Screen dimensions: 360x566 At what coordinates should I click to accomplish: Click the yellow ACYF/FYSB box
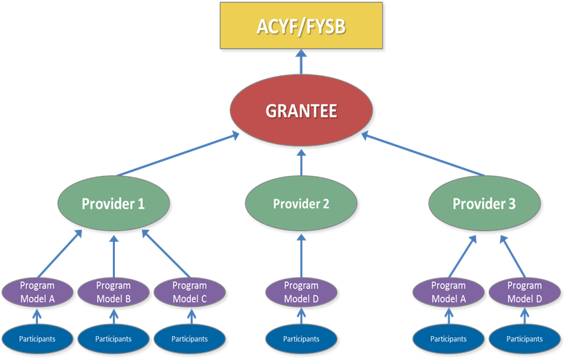click(302, 27)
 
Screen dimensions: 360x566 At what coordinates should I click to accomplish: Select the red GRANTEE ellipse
click(302, 110)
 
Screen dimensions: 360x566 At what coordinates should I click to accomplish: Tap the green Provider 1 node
click(113, 203)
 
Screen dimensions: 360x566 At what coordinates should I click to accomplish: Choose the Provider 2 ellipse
click(302, 203)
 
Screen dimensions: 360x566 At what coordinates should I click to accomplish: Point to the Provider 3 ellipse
click(484, 203)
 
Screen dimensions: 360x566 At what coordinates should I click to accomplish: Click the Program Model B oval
click(114, 292)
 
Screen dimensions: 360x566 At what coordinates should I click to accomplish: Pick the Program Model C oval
click(190, 292)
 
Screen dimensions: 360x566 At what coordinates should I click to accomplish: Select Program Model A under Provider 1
click(37, 292)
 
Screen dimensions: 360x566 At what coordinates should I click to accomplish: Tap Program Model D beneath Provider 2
click(302, 292)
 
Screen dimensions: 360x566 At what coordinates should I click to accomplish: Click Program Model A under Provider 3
click(448, 292)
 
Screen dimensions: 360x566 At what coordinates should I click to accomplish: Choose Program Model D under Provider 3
click(525, 292)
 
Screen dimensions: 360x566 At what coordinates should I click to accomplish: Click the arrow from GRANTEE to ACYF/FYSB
click(302, 63)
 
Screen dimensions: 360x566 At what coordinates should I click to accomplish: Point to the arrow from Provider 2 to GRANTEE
click(302, 161)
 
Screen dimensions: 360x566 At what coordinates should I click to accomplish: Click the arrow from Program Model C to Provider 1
click(166, 254)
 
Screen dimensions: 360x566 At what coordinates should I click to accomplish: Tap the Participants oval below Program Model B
click(114, 339)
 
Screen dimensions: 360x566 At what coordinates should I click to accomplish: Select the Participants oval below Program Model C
click(190, 339)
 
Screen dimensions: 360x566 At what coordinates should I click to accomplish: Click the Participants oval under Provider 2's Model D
click(302, 339)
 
